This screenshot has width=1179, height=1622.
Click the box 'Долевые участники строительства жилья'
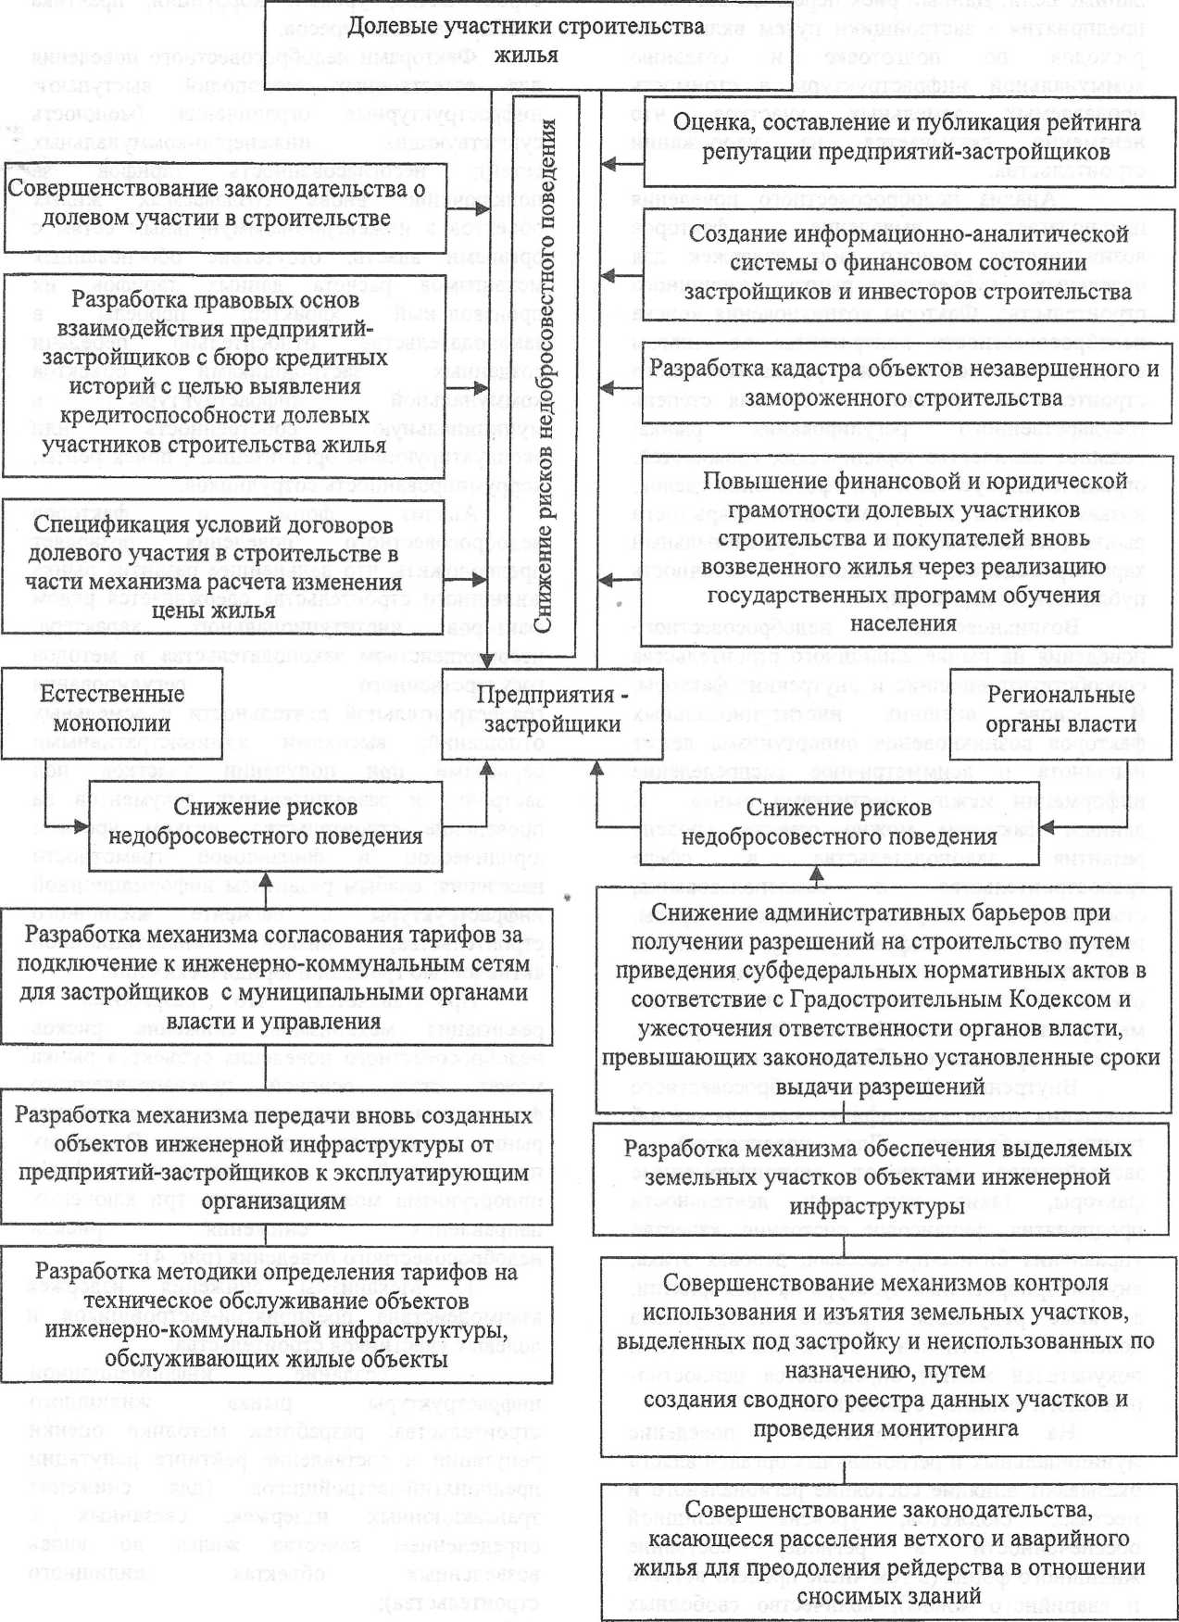[525, 41]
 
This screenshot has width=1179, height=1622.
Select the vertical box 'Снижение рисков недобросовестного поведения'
[544, 375]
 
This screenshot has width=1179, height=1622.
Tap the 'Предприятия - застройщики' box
[552, 710]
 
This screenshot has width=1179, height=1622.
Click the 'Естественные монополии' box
[111, 710]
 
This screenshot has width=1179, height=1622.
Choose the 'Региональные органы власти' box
[1060, 710]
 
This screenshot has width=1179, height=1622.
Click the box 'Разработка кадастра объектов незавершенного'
[904, 383]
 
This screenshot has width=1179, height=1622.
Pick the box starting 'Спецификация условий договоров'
[213, 568]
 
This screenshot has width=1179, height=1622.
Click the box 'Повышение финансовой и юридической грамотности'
[904, 551]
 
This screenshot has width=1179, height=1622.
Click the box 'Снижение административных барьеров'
[881, 999]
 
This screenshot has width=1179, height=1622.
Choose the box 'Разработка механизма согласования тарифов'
[275, 978]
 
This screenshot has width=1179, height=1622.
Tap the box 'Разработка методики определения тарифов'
[275, 1315]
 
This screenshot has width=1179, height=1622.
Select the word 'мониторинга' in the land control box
[961, 1428]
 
